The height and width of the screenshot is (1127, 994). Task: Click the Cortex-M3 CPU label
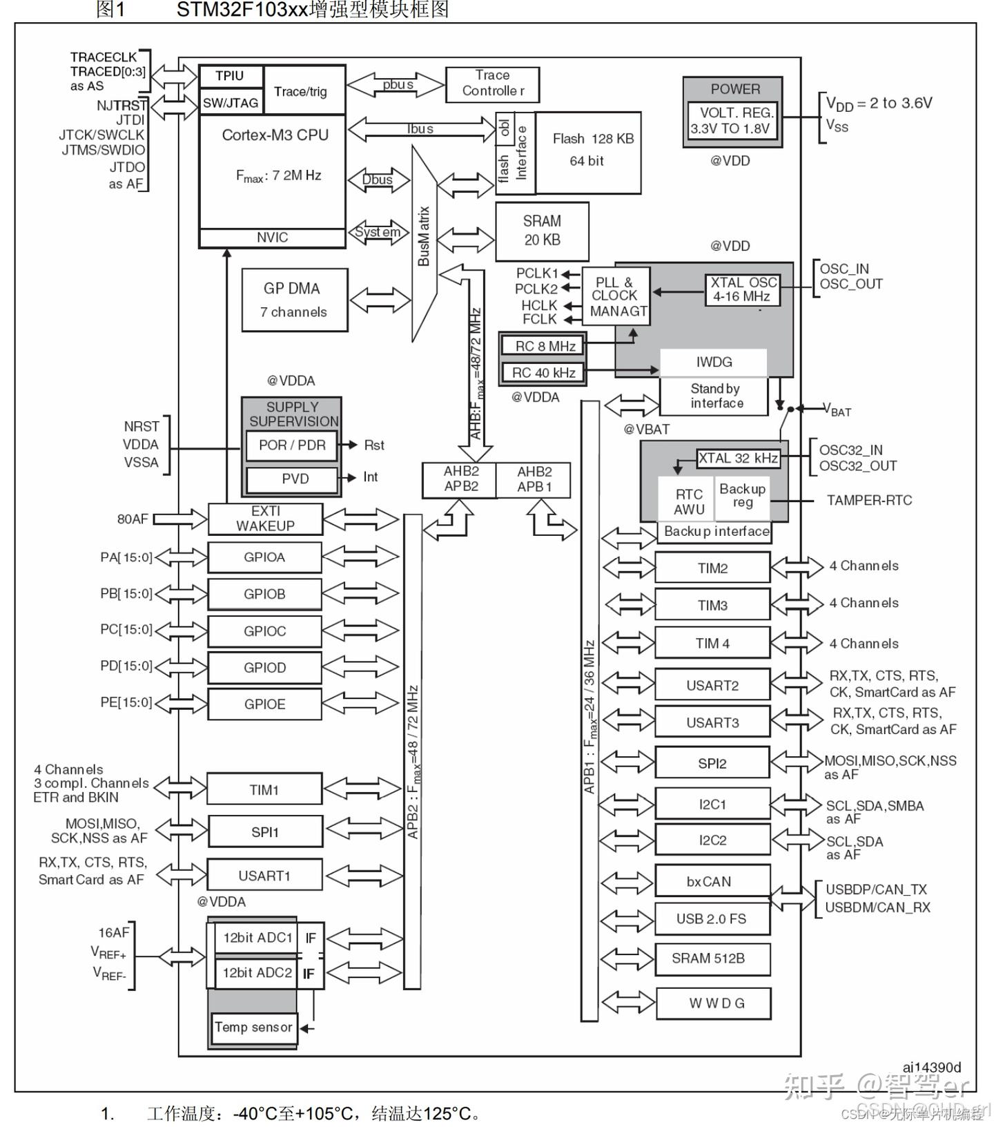click(275, 135)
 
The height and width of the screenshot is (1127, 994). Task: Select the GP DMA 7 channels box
click(294, 300)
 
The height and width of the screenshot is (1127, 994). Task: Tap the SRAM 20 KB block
click(542, 231)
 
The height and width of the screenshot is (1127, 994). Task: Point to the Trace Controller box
click(492, 84)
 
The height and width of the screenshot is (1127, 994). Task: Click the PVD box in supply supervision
click(293, 479)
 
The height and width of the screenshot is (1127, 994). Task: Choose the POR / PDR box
click(292, 445)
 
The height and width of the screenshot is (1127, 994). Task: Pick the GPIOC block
click(264, 631)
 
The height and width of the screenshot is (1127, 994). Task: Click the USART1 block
click(264, 876)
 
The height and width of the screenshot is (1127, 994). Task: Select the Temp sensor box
click(253, 1028)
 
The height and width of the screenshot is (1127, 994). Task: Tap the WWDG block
click(714, 1003)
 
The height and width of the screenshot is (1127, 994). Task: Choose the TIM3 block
click(712, 606)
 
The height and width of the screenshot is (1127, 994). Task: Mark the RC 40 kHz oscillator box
click(543, 373)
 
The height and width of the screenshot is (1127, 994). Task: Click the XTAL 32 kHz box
click(738, 459)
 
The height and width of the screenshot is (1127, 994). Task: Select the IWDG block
click(714, 362)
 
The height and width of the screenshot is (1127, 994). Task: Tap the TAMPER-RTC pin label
click(869, 500)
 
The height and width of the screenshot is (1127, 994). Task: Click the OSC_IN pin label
click(844, 269)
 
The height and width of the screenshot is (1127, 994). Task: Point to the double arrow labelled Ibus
click(420, 129)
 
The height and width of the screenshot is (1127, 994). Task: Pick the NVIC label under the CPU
click(272, 238)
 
